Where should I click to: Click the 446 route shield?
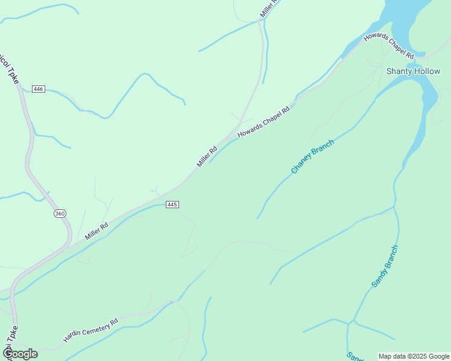tap(39, 89)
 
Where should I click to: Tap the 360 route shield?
tap(59, 214)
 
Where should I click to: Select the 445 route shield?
tap(172, 205)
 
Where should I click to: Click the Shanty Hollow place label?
tap(413, 71)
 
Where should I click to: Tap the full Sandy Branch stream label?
tap(385, 266)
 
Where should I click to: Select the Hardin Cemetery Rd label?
tap(90, 331)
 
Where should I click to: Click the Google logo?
tap(20, 353)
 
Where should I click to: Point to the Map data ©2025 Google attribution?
tap(414, 356)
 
